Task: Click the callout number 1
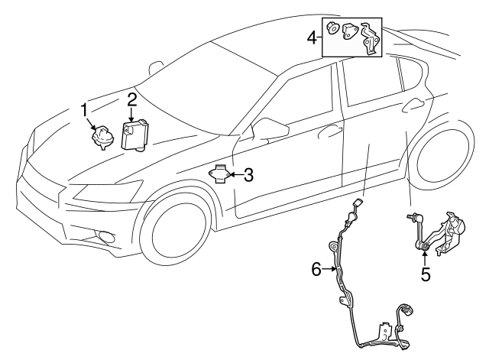coord(84,111)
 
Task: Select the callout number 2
coord(131,99)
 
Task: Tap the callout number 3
coord(248,175)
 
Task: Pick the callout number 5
coord(426,273)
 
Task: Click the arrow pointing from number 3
coord(234,175)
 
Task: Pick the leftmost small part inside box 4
coord(334,31)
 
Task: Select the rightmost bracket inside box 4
coord(371,37)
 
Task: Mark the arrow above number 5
coord(425,255)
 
